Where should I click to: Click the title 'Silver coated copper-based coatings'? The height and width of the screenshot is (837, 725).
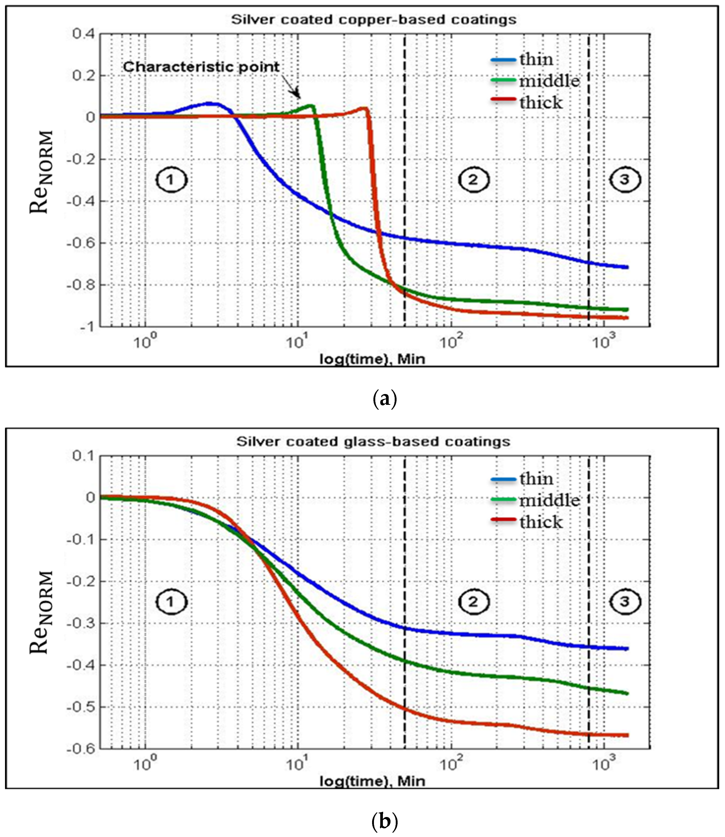pyautogui.click(x=373, y=20)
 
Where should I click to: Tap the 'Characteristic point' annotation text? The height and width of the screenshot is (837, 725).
pyautogui.click(x=201, y=67)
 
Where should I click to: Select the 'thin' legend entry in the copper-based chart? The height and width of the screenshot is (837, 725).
pyautogui.click(x=536, y=59)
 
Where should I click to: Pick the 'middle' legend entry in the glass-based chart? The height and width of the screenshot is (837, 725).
pyautogui.click(x=549, y=501)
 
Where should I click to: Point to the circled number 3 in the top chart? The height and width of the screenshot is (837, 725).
pyautogui.click(x=625, y=180)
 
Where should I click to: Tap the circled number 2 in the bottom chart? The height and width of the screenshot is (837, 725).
pyautogui.click(x=473, y=602)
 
